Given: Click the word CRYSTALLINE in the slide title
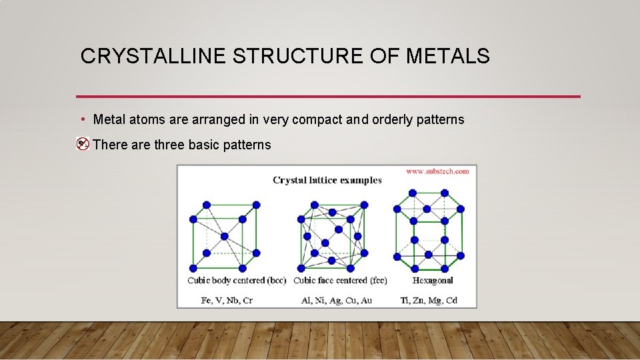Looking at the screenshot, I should (154, 57).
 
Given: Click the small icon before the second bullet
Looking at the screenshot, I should (83, 144).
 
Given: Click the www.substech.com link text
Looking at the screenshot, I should (437, 171).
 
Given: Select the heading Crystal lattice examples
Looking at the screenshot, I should (327, 180).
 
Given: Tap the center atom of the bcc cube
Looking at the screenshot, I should (224, 236).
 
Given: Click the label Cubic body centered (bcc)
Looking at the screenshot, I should (237, 280).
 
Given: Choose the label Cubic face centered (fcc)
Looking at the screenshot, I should (340, 280).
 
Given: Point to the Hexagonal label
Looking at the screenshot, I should (433, 280).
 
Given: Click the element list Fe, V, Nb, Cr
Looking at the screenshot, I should (227, 300).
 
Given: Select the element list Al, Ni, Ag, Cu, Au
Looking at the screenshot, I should (337, 300).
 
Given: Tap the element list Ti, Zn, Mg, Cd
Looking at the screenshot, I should (429, 300).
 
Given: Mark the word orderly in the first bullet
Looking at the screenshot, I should (394, 120).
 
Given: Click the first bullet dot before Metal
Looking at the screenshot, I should (82, 119).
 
